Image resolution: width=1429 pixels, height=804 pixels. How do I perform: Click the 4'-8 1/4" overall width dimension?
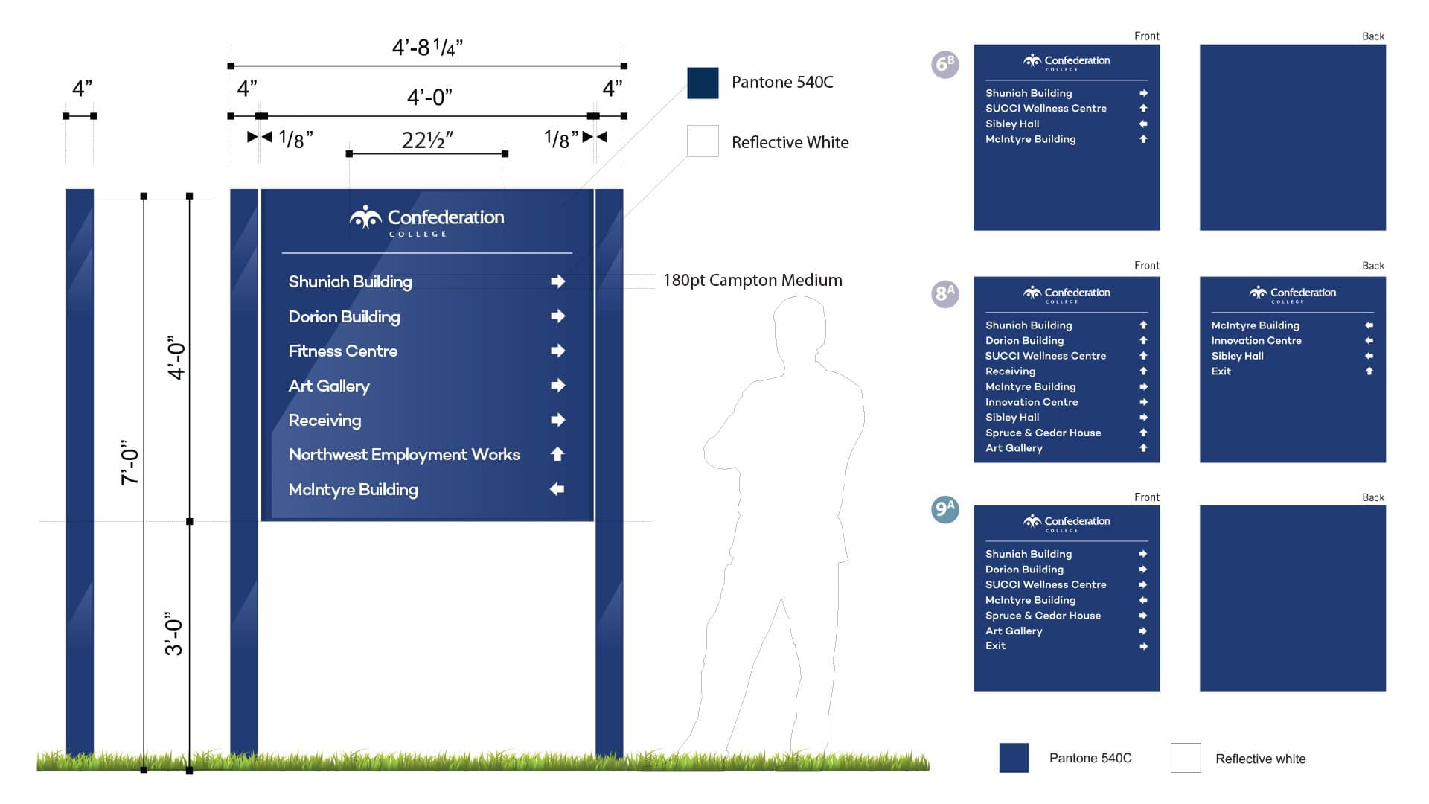[x=427, y=48]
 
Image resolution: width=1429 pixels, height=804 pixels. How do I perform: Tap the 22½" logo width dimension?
[x=427, y=140]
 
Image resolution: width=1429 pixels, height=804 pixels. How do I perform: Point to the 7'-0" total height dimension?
[x=130, y=462]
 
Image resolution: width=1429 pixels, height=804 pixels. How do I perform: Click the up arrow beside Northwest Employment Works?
[x=557, y=454]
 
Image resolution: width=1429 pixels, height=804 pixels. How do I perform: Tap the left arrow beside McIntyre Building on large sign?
[x=557, y=489]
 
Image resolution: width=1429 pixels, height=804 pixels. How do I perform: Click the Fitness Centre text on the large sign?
[x=342, y=351]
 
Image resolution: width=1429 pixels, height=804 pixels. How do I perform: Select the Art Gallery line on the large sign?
[x=329, y=386]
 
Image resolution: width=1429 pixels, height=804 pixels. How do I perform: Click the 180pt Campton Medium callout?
[x=752, y=281]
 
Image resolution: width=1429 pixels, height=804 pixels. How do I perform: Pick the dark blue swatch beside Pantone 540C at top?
[x=703, y=83]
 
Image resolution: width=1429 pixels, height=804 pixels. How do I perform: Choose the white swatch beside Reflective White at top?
[x=703, y=141]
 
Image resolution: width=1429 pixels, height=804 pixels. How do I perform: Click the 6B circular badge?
[x=945, y=65]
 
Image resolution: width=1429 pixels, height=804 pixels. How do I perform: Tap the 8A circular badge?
[x=945, y=294]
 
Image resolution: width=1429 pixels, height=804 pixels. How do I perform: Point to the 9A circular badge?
[x=945, y=510]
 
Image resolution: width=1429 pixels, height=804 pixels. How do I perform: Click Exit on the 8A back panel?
[x=1221, y=371]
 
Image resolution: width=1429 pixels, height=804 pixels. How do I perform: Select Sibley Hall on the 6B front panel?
[x=1012, y=124]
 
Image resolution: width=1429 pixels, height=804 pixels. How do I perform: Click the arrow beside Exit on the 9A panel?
[x=1143, y=646]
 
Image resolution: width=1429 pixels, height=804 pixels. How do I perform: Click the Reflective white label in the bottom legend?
[x=1260, y=759]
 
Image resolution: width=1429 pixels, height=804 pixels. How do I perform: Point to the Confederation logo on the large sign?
[x=427, y=220]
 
